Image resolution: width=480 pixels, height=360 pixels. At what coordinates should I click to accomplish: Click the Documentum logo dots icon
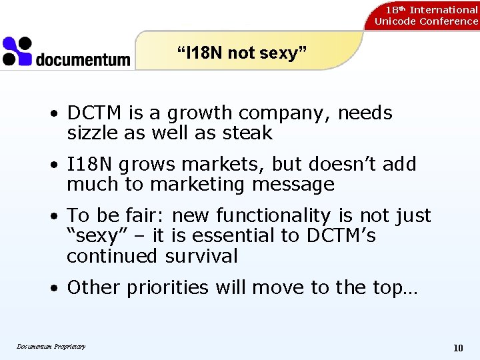pos(17,51)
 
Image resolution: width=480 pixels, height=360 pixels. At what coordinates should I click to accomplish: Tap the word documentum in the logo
pos(83,59)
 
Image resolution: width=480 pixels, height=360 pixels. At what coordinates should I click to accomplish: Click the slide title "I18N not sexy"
pos(241,53)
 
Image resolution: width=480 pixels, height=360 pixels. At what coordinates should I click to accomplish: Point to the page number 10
pos(458,347)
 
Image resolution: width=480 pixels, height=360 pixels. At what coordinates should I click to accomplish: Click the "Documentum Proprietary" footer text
pos(51,346)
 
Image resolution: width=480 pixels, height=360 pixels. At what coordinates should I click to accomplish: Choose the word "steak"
pos(248,133)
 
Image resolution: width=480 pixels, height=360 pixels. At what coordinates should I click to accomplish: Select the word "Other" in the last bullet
pos(92,287)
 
